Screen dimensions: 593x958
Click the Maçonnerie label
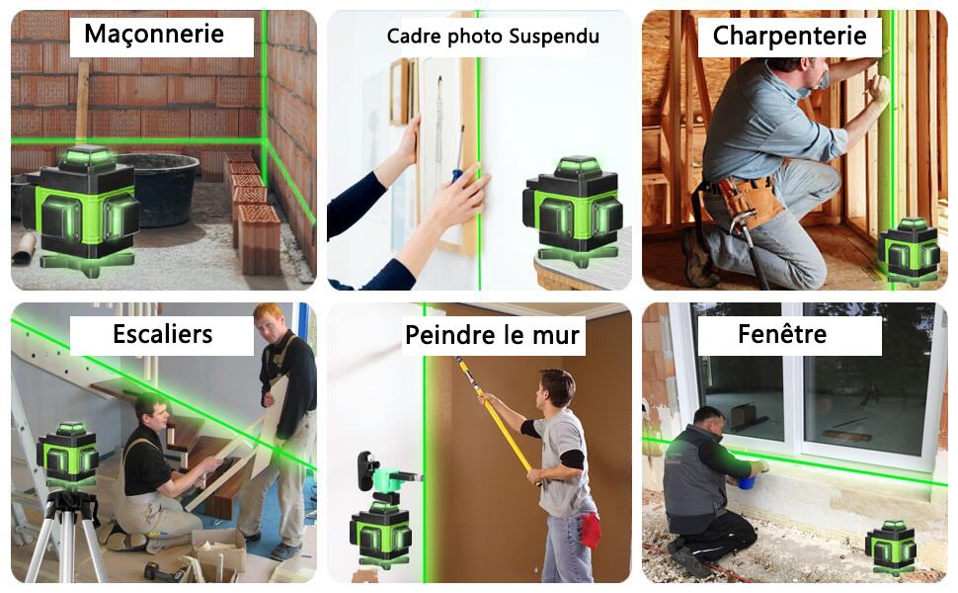pyautogui.click(x=154, y=35)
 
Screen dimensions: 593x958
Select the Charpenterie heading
pyautogui.click(x=789, y=37)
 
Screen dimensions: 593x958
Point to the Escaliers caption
pyautogui.click(x=162, y=334)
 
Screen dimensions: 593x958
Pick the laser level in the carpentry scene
pyautogui.click(x=910, y=251)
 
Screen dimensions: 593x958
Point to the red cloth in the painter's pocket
pyautogui.click(x=591, y=530)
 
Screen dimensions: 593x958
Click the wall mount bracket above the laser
pyautogui.click(x=369, y=471)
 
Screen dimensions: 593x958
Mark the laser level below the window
pyautogui.click(x=891, y=547)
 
